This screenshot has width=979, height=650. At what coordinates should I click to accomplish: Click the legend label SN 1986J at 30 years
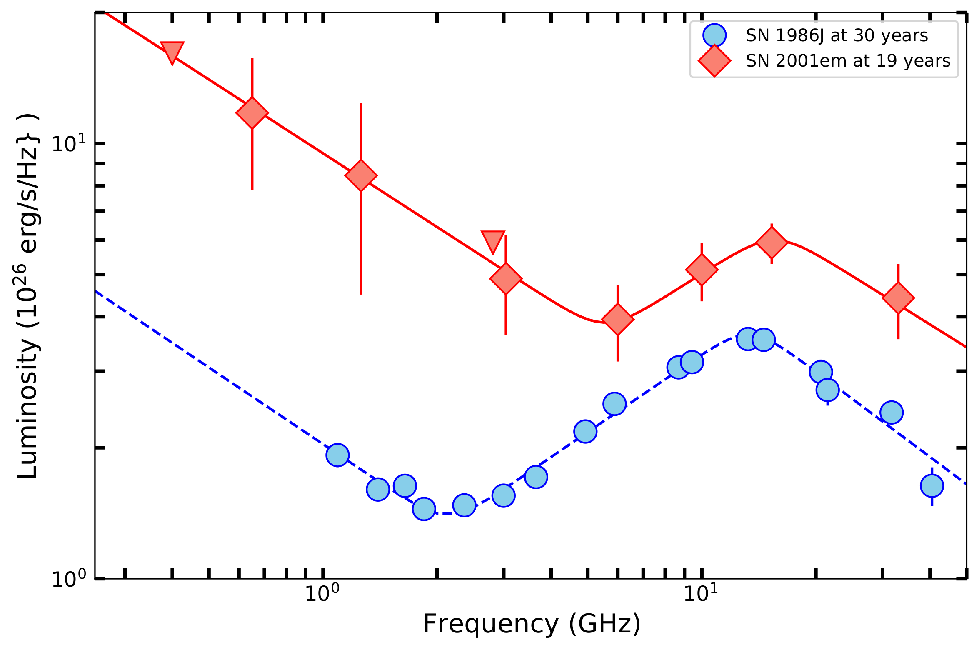837,36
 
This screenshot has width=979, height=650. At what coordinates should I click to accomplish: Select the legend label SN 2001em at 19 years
848,61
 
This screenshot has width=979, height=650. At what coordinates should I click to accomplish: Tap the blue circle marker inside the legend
714,35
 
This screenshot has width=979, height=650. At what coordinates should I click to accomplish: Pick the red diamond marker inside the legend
714,61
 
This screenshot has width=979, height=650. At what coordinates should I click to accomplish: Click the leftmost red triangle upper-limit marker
172,51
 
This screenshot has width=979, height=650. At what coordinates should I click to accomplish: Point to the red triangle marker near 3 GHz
493,240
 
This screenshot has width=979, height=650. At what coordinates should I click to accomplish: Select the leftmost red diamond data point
252,113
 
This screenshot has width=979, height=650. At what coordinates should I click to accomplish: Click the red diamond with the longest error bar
361,175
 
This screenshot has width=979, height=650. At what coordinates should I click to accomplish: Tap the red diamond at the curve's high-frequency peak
772,243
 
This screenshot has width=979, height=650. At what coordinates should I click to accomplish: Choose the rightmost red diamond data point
898,298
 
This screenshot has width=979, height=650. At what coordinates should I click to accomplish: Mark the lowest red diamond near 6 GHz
618,319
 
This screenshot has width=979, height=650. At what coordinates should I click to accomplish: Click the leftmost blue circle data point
337,455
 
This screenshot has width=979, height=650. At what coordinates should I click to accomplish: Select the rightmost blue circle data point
932,486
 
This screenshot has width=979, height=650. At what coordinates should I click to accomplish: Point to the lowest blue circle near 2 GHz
424,509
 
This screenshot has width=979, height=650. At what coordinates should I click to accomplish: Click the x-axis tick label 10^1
701,593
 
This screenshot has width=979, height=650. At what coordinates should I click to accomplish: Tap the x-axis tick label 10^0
322,593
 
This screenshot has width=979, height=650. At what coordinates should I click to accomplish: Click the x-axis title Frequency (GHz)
532,624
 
